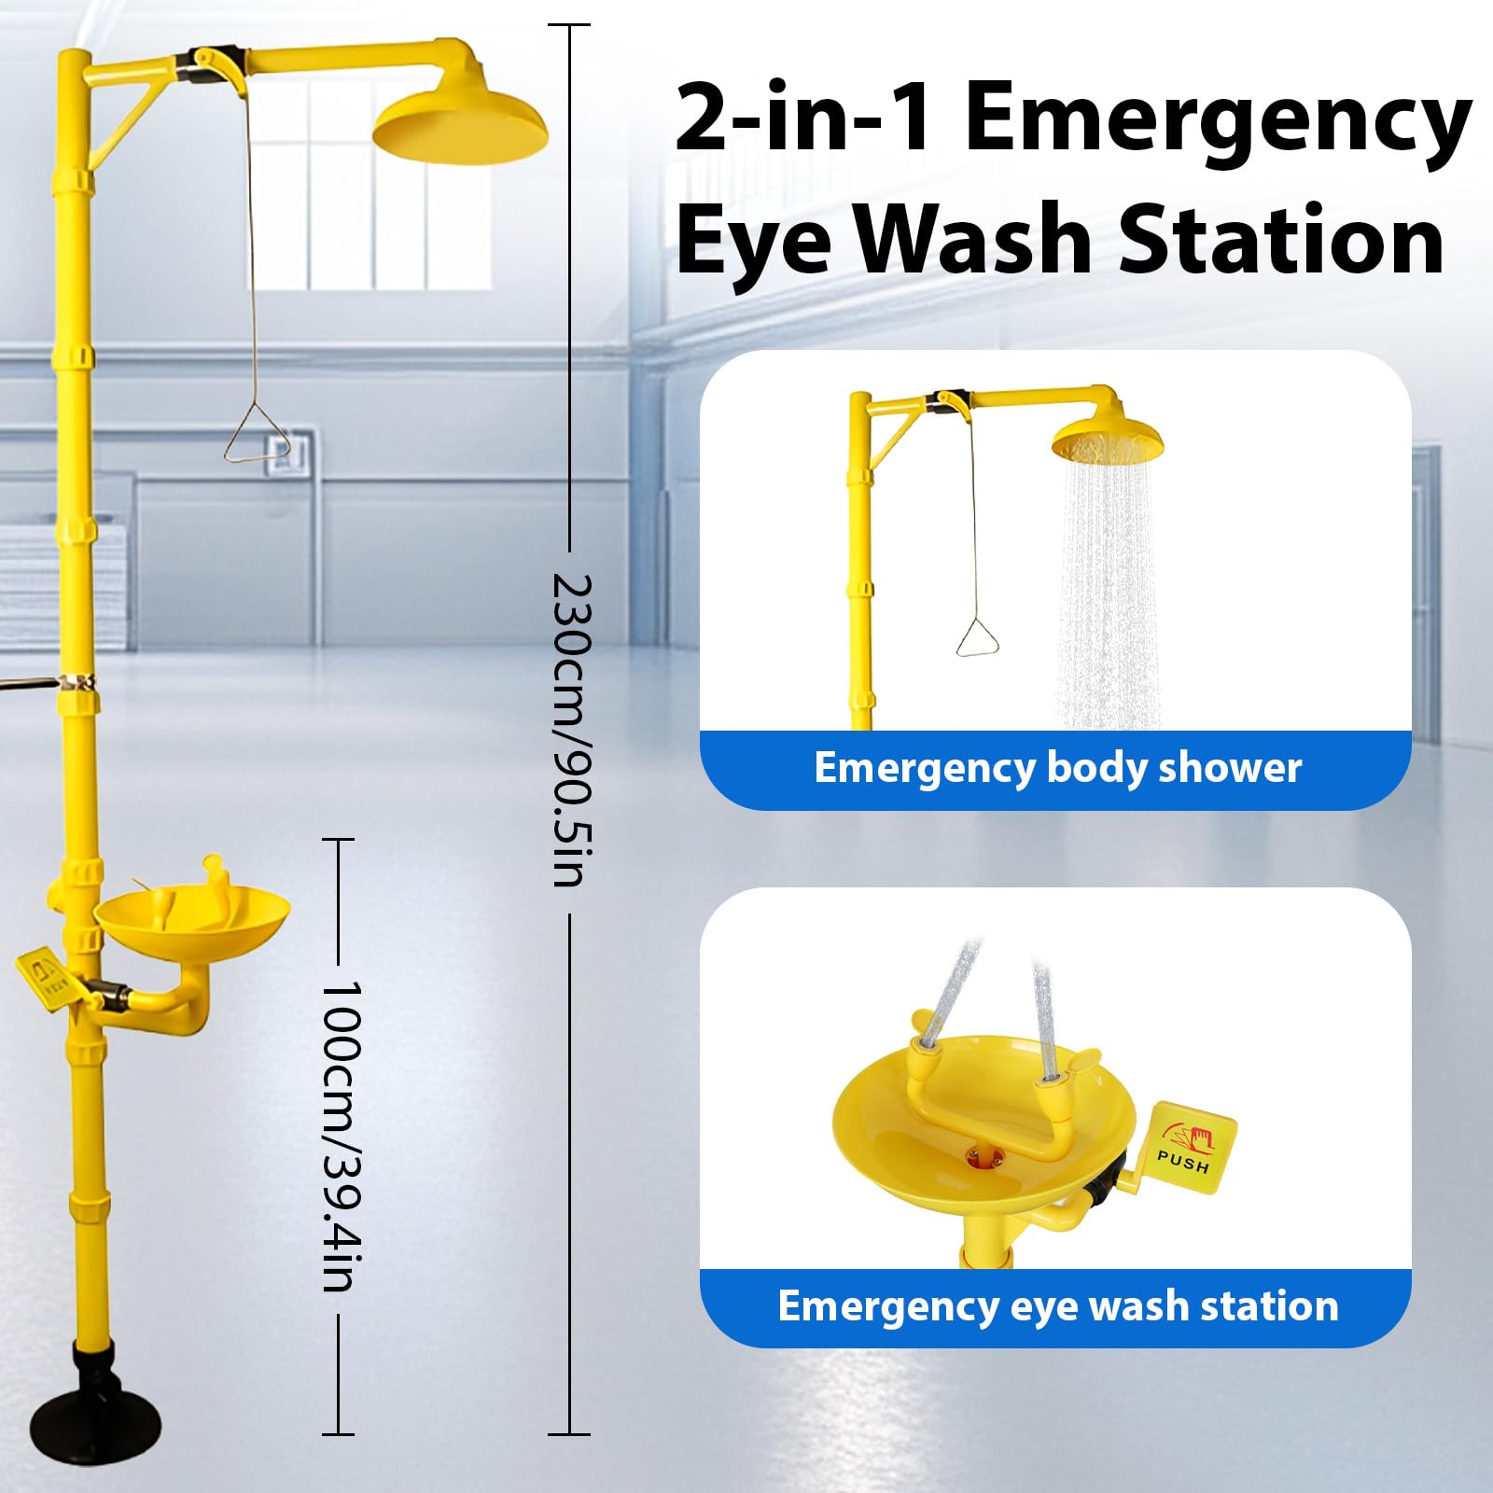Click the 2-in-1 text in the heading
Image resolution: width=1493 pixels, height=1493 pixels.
click(804, 118)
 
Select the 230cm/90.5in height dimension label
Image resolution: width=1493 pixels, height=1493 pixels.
click(573, 729)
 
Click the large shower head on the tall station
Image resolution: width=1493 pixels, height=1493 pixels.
click(460, 127)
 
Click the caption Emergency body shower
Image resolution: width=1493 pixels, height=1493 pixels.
click(1057, 768)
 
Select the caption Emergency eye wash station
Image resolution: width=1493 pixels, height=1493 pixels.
click(1058, 1306)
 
